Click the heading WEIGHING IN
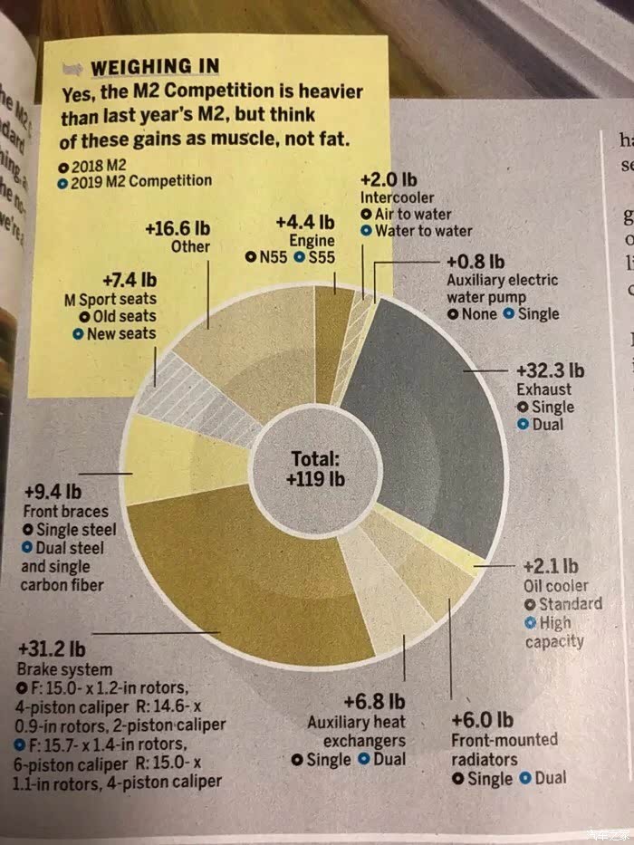pos(154,66)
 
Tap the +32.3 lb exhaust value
pos(550,371)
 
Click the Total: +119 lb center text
pos(314,468)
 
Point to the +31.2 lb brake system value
pos(52,650)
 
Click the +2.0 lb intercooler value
pos(389,179)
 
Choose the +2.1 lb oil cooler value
pos(544,568)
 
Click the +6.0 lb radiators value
pos(482,721)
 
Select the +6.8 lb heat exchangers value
pos(374,702)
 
